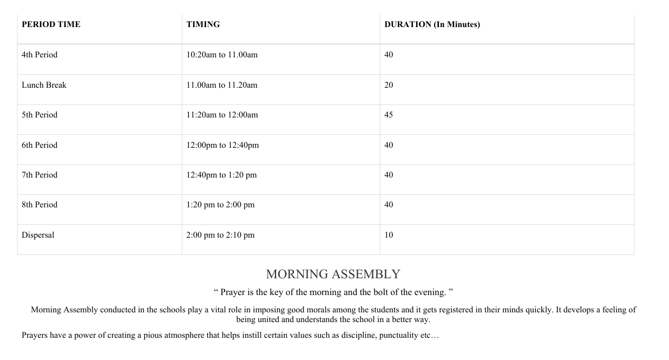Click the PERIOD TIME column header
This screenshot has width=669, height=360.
[x=51, y=24]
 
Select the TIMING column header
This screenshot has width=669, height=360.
[x=203, y=24]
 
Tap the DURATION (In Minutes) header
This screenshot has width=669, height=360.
[x=432, y=24]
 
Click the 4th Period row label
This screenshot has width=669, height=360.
[x=40, y=55]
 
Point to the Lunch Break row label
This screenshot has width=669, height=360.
[x=44, y=85]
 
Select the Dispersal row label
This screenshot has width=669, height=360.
[x=38, y=235]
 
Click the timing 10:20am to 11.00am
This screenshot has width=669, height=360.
[x=222, y=55]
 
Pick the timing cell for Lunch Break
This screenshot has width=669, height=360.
[x=222, y=85]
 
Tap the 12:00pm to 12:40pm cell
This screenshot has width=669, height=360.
[x=222, y=145]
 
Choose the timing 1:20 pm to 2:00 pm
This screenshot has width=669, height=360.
[x=220, y=205]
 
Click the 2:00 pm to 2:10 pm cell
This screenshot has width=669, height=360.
[x=220, y=235]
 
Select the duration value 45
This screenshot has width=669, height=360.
[x=389, y=115]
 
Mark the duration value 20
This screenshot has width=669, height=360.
[x=389, y=85]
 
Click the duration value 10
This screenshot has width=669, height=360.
[x=389, y=235]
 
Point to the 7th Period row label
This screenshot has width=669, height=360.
[x=40, y=175]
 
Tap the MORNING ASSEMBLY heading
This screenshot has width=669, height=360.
[x=333, y=274]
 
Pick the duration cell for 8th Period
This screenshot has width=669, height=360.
[x=389, y=205]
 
